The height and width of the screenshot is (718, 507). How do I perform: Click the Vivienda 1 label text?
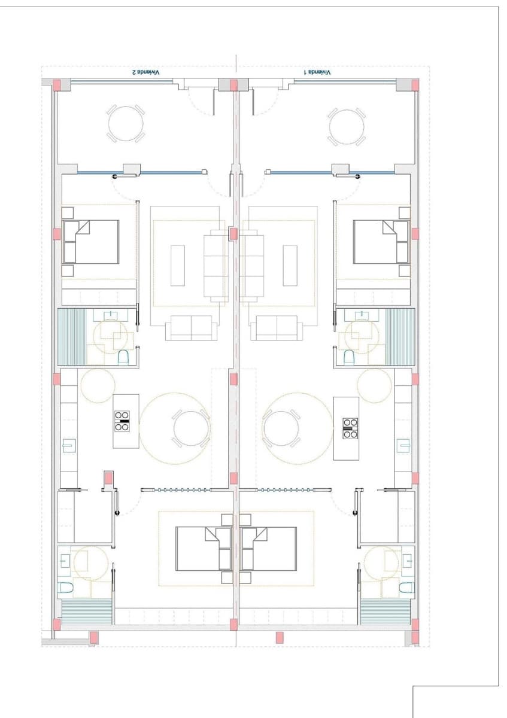pyautogui.click(x=317, y=72)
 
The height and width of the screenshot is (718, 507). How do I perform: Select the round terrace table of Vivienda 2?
pyautogui.click(x=126, y=124)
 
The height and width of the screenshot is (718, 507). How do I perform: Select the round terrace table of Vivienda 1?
pyautogui.click(x=347, y=126)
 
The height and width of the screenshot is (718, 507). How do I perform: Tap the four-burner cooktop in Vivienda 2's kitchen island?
pyautogui.click(x=122, y=421)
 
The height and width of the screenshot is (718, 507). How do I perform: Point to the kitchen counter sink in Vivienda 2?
pyautogui.click(x=69, y=446)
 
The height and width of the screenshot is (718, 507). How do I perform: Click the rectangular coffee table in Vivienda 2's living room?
pyautogui.click(x=178, y=265)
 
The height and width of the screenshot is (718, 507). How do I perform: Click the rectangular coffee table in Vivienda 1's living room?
pyautogui.click(x=290, y=265)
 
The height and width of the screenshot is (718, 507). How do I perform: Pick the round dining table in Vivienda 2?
pyautogui.click(x=191, y=428)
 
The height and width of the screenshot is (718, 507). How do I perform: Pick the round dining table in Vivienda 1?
pyautogui.click(x=281, y=428)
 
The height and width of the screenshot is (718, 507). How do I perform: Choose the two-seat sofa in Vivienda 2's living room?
pyautogui.click(x=191, y=328)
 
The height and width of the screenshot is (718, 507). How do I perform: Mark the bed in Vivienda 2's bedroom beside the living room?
pyautogui.click(x=91, y=242)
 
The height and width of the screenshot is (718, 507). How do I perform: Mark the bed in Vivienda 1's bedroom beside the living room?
pyautogui.click(x=381, y=242)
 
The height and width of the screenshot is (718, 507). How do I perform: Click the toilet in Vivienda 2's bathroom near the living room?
pyautogui.click(x=123, y=358)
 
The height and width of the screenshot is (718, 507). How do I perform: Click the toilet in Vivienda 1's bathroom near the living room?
pyautogui.click(x=349, y=358)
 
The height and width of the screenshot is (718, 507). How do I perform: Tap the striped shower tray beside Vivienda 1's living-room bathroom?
pyautogui.click(x=400, y=337)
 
